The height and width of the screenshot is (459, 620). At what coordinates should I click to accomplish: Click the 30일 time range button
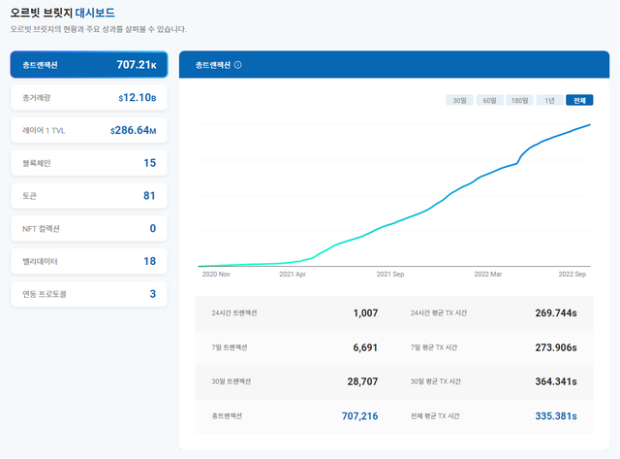(x=458, y=100)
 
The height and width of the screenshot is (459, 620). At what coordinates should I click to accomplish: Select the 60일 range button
(x=488, y=100)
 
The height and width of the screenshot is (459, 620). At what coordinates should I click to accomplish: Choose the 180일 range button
(x=520, y=100)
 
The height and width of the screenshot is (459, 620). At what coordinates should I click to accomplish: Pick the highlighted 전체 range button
(x=579, y=100)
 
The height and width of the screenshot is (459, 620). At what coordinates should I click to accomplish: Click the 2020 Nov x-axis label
(x=215, y=275)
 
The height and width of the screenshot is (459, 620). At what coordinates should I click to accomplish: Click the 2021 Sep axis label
(x=390, y=275)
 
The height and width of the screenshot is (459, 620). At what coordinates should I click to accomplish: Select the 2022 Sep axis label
(x=573, y=275)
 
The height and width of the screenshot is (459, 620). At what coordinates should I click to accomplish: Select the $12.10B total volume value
(x=137, y=98)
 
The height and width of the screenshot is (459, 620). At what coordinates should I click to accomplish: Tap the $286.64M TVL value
(x=133, y=130)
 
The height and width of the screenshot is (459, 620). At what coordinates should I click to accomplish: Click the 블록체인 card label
(x=36, y=163)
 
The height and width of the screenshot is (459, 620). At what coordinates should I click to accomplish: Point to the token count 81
(x=149, y=196)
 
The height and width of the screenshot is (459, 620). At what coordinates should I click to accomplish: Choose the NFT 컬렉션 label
(x=42, y=229)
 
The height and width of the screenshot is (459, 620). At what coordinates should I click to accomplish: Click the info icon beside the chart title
(x=238, y=65)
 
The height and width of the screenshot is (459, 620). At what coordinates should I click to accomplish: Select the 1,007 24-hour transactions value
(x=360, y=313)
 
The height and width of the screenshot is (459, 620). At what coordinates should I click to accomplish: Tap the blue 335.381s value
(x=555, y=415)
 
